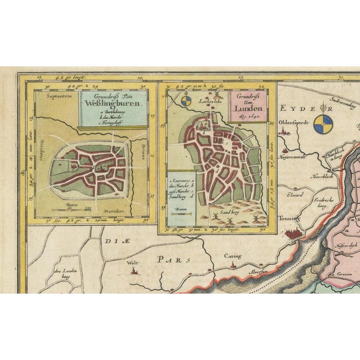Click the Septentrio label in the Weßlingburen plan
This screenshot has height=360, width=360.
(53, 96)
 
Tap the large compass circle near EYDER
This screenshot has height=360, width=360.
(322, 122)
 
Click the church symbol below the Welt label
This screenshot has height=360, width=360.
(134, 272)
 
